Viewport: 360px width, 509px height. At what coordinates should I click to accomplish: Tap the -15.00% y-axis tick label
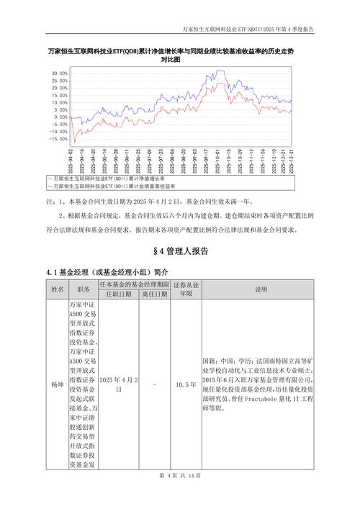[x=58, y=140]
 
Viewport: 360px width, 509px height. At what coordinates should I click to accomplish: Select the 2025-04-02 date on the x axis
[x=71, y=161]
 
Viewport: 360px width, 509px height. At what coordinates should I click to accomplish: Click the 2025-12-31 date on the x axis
[x=290, y=161]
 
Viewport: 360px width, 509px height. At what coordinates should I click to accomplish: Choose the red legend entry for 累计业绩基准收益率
[x=115, y=185]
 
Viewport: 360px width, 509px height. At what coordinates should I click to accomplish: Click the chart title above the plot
[x=179, y=57]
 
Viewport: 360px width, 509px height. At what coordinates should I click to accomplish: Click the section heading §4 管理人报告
[x=181, y=251]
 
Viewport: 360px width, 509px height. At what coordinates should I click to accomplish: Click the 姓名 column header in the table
[x=58, y=289]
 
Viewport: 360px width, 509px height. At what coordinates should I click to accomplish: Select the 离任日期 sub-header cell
[x=155, y=294]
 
